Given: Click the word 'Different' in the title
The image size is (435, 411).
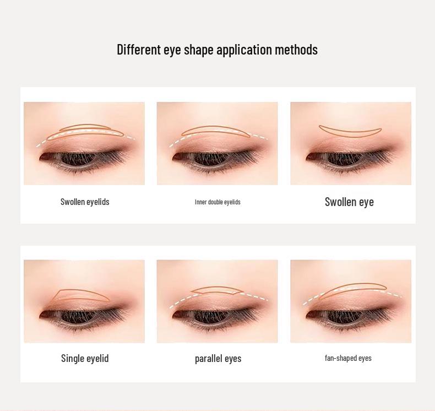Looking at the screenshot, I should (x=138, y=50).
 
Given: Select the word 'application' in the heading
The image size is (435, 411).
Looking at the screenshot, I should (x=244, y=50).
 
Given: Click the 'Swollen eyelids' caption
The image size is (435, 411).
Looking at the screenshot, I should (x=85, y=202).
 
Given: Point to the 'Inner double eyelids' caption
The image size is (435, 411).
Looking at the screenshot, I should (x=218, y=202).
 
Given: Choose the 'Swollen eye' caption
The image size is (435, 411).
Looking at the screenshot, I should (x=349, y=202).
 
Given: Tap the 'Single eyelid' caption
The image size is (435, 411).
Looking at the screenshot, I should (x=85, y=358).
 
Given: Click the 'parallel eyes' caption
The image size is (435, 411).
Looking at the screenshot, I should (x=218, y=359).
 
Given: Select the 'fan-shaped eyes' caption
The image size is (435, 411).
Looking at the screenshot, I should (x=348, y=358).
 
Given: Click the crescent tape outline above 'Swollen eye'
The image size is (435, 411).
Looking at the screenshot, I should (x=350, y=132).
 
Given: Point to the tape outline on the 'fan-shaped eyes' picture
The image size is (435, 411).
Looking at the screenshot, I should (x=352, y=290).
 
